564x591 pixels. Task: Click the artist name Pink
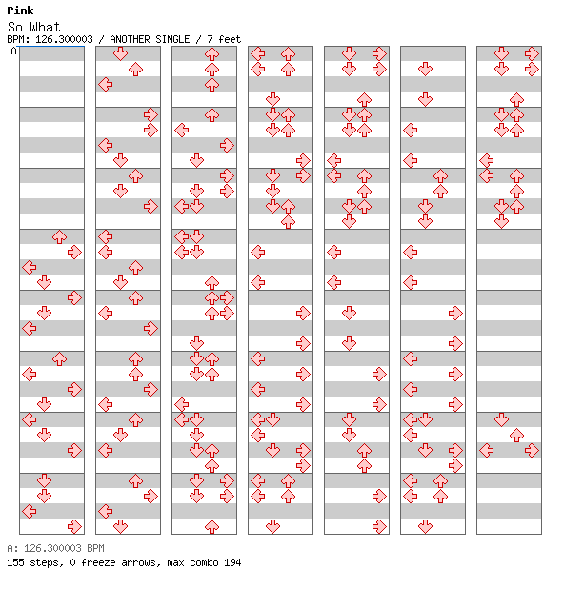20,10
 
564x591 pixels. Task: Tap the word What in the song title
45,27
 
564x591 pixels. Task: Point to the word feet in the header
230,39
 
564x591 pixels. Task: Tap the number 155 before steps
15,562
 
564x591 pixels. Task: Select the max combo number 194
232,562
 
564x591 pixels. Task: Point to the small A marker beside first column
14,51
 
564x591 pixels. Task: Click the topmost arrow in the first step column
59,237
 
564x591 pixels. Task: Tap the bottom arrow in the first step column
74,526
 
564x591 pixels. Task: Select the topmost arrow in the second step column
121,54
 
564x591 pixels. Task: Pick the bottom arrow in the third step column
211,526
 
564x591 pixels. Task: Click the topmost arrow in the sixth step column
425,69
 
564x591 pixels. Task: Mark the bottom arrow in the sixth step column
425,526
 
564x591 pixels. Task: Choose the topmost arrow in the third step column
211,54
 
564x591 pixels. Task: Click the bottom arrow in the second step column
121,526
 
